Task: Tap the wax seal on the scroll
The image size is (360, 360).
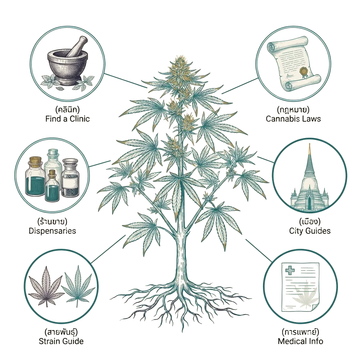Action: pyautogui.click(x=305, y=71)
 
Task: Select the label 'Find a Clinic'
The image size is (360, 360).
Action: pyautogui.click(x=67, y=119)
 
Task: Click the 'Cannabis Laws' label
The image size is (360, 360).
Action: pyautogui.click(x=293, y=119)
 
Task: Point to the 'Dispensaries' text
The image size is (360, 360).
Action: pyautogui.click(x=52, y=231)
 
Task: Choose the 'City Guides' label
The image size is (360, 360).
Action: pyautogui.click(x=310, y=231)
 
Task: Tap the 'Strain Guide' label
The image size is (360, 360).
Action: pyautogui.click(x=61, y=341)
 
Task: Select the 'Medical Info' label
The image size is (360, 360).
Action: pyautogui.click(x=300, y=341)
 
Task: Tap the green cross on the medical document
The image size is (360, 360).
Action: pyautogui.click(x=290, y=270)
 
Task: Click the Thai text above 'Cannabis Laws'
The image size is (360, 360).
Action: pyautogui.click(x=293, y=110)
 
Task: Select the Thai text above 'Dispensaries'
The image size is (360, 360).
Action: pyautogui.click(x=52, y=221)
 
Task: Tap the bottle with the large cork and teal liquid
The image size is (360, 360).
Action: pyautogui.click(x=35, y=176)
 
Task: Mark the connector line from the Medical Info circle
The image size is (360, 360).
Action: pyautogui.click(x=259, y=250)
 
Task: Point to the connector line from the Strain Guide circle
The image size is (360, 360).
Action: pyautogui.click(x=108, y=249)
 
